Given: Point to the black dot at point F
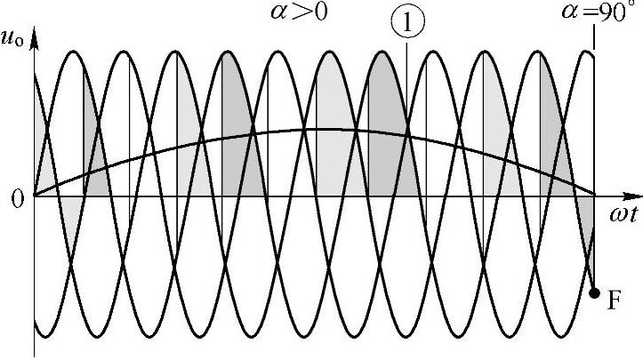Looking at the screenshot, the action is pos(594,292).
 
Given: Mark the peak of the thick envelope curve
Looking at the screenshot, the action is pos(325,130).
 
